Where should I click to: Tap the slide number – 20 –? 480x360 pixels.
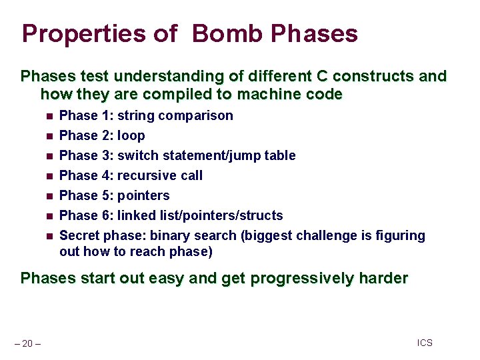[x=27, y=343]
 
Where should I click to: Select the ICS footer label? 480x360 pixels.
[x=425, y=343]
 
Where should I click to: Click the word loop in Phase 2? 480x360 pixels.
[x=131, y=135]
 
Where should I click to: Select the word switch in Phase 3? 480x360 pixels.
[x=138, y=155]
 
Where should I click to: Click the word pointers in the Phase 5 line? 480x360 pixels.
[x=143, y=195]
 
